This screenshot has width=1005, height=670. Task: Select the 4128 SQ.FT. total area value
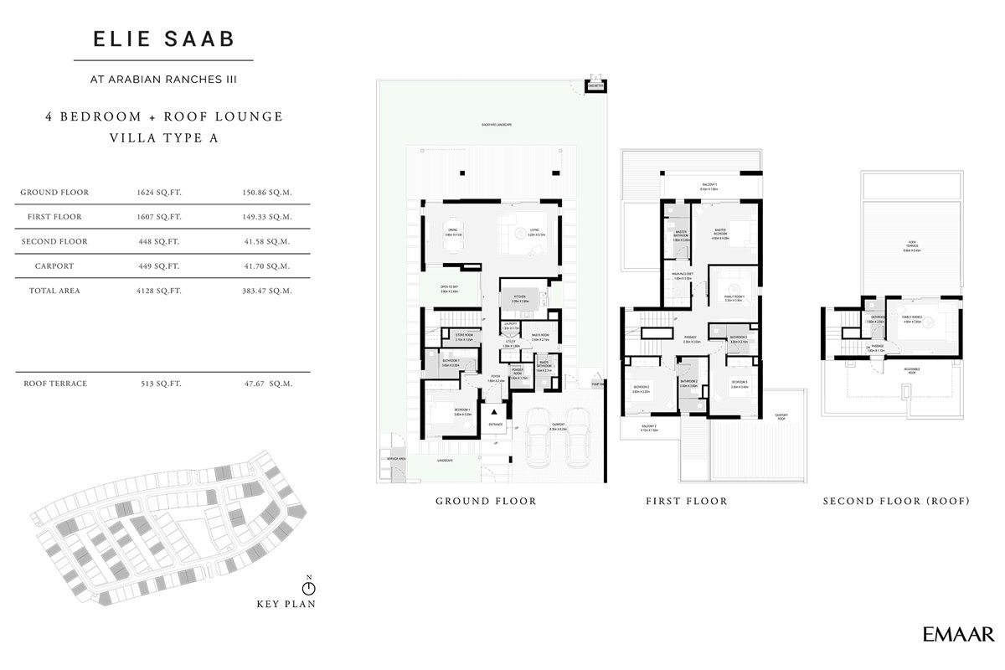click(159, 291)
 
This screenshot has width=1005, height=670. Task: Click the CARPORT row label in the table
click(54, 266)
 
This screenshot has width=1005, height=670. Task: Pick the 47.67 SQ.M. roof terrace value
click(265, 384)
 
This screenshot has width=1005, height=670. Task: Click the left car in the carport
click(538, 439)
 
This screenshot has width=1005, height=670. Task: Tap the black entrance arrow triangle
click(495, 412)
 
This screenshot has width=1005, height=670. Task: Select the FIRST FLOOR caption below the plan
click(686, 502)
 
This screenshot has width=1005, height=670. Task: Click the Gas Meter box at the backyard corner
click(595, 85)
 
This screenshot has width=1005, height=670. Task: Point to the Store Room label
click(465, 337)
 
